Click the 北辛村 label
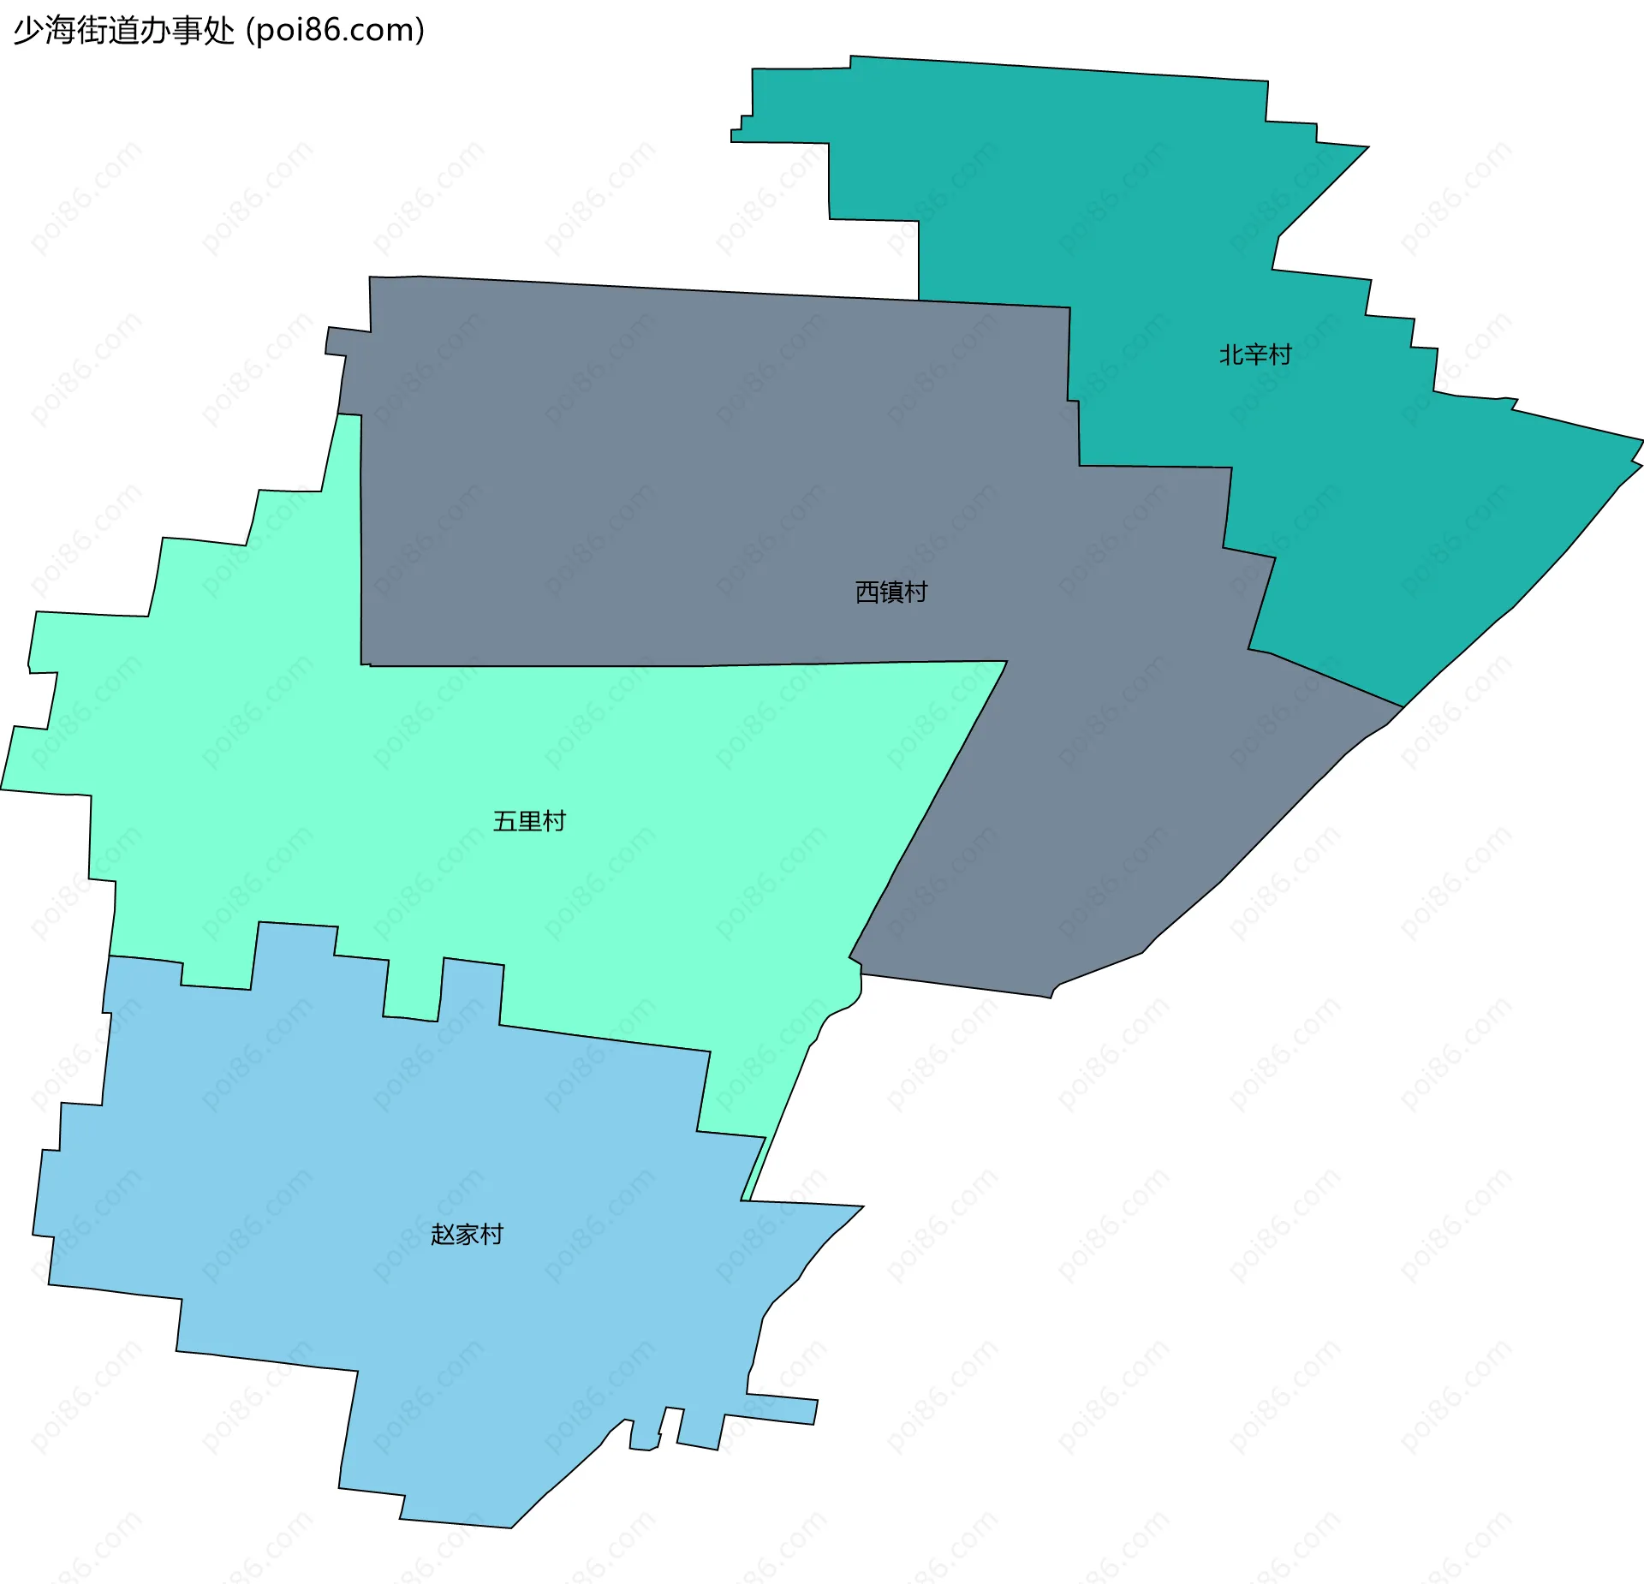[1254, 354]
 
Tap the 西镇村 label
[890, 592]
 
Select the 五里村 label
[529, 821]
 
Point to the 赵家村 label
[467, 1234]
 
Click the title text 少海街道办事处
[124, 31]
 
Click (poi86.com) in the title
[335, 31]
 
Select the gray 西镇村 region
[685, 471]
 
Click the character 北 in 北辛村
[1230, 354]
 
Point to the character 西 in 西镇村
[867, 592]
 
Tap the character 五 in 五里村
[504, 821]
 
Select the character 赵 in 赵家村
[443, 1234]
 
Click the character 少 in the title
[27, 31]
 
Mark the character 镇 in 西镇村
[890, 592]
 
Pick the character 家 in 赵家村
[467, 1234]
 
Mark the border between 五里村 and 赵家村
[599, 1038]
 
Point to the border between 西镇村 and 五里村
[685, 665]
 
